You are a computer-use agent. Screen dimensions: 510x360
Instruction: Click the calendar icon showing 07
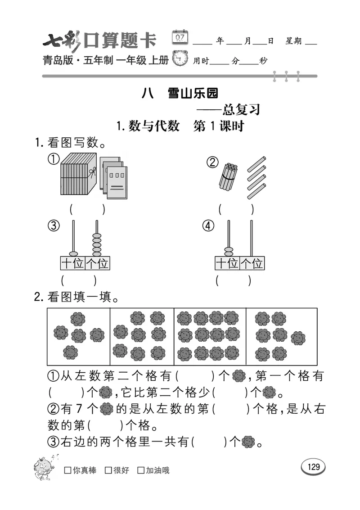(x=180, y=37)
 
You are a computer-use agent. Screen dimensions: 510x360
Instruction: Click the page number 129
(x=313, y=467)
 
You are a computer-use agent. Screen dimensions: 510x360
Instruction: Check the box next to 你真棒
(x=67, y=470)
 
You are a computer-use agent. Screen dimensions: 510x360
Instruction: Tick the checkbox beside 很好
(x=108, y=470)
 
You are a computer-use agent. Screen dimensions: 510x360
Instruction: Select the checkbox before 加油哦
(x=141, y=470)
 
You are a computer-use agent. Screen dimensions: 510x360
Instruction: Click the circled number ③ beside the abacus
(x=54, y=226)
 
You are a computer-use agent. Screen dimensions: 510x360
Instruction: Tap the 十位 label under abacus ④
(x=227, y=263)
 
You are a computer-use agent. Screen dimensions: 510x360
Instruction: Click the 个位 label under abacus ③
(x=97, y=263)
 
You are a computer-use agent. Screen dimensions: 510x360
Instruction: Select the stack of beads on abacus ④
(x=229, y=251)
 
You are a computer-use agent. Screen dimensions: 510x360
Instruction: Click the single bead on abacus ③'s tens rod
(x=73, y=253)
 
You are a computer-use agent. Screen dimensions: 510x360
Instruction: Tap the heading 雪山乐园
(x=193, y=93)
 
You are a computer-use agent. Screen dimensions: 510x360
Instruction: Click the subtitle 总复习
(x=241, y=109)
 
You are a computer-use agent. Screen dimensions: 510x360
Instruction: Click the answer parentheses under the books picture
(x=87, y=209)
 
